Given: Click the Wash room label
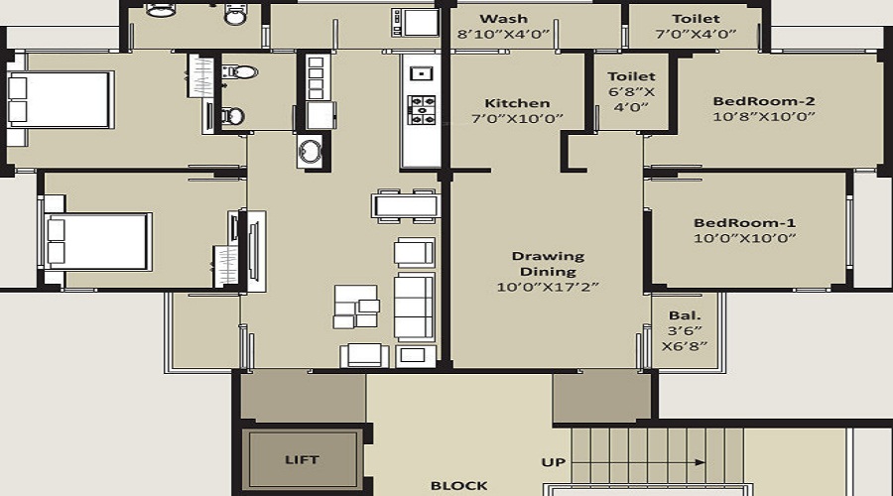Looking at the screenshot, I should [x=504, y=19].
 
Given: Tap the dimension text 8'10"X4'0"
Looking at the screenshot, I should [x=504, y=34].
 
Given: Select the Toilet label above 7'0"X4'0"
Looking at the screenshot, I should [x=696, y=19].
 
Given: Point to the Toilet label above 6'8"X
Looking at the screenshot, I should [x=631, y=75].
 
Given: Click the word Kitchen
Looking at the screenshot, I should [x=517, y=103].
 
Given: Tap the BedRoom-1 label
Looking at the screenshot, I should [x=744, y=222].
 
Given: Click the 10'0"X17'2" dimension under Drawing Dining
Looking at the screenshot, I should [x=548, y=287].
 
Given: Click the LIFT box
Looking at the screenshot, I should [x=303, y=460].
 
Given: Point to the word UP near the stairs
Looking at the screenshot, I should [x=553, y=462].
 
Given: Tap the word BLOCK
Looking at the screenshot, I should [x=459, y=485].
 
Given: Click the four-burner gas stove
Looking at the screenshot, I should [x=422, y=108].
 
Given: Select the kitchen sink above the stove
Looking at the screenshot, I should [x=421, y=72].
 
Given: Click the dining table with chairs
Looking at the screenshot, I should [x=405, y=205].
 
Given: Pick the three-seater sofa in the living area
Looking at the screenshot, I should [x=414, y=308].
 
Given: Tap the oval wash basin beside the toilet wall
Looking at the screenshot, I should [x=311, y=153].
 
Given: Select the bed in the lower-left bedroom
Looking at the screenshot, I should [x=97, y=240].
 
